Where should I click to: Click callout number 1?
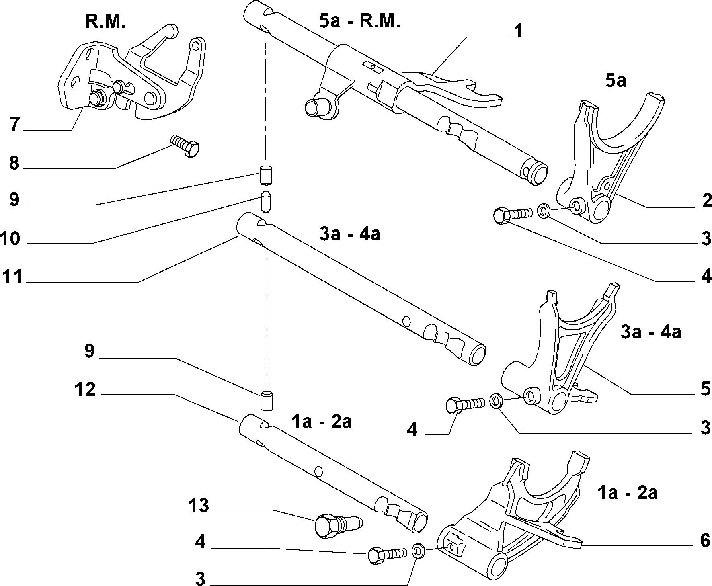pyautogui.click(x=519, y=31)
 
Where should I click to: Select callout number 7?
pyautogui.click(x=15, y=124)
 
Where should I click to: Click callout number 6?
pyautogui.click(x=705, y=541)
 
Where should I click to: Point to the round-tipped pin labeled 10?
pyautogui.click(x=265, y=201)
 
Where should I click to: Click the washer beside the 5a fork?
pyautogui.click(x=544, y=210)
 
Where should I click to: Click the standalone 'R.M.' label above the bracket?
pyautogui.click(x=106, y=21)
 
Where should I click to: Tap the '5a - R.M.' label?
pyautogui.click(x=360, y=21)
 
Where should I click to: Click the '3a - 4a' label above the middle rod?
pyautogui.click(x=350, y=234)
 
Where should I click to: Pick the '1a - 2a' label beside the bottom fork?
pyautogui.click(x=628, y=492)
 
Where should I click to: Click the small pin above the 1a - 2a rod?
pyautogui.click(x=265, y=400)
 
